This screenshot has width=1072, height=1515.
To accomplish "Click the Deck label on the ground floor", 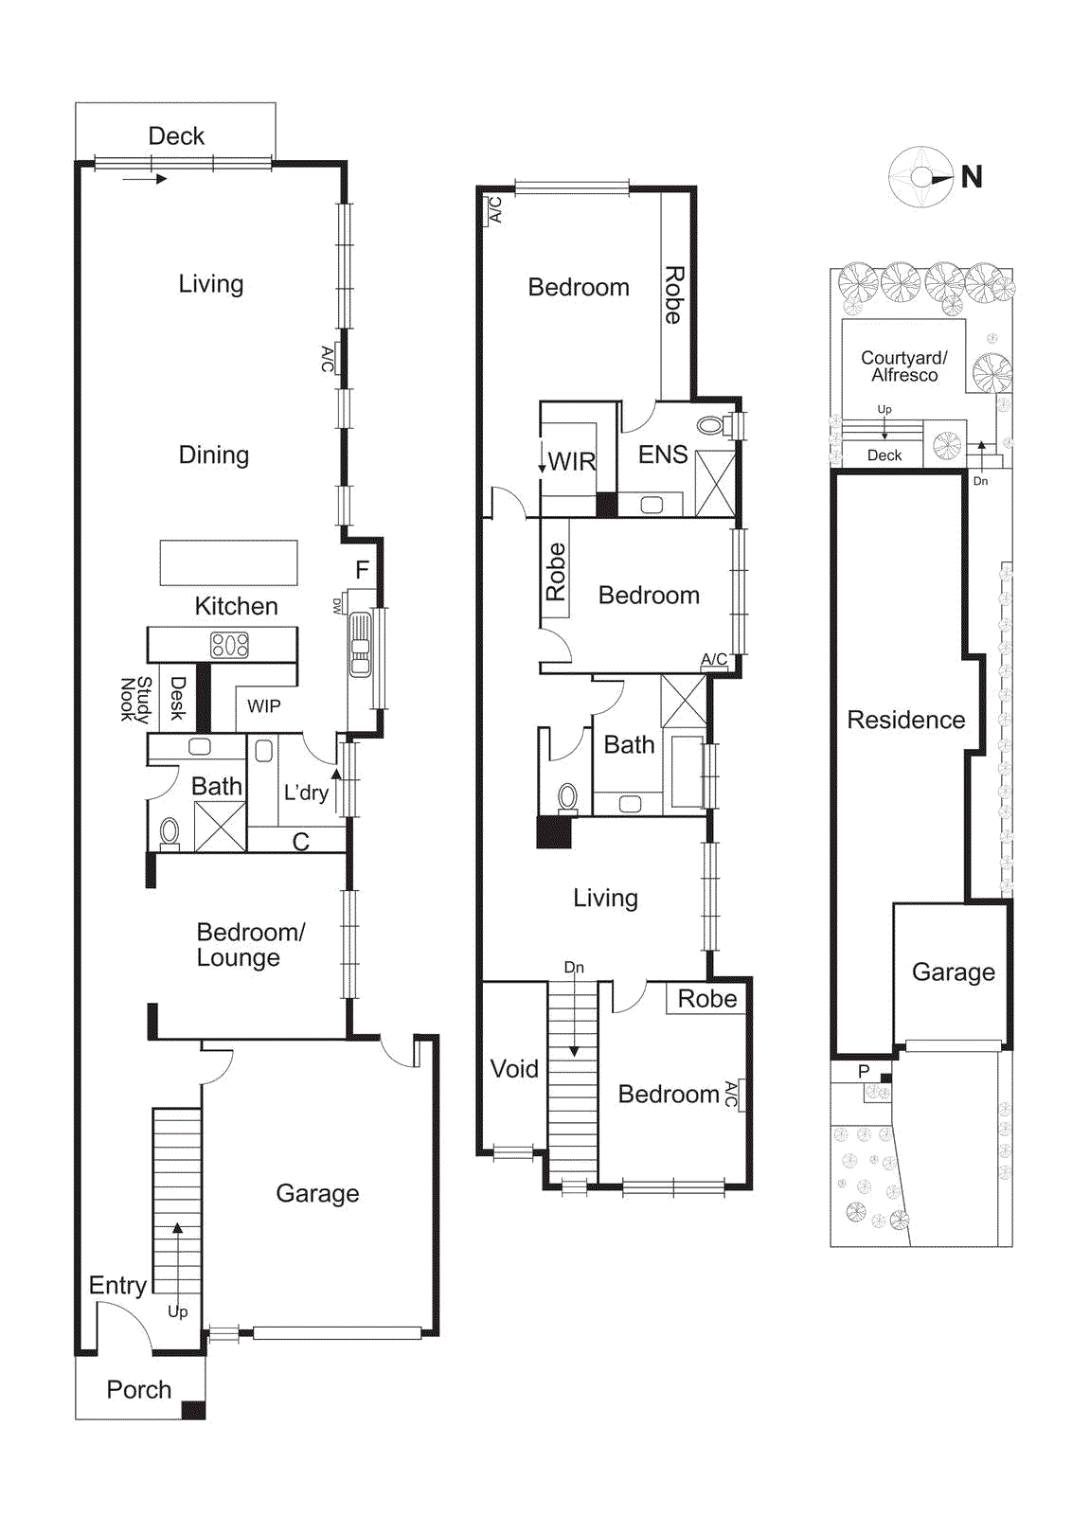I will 176,136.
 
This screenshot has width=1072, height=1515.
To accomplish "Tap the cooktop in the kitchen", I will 229,645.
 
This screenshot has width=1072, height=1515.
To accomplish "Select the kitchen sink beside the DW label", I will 360,645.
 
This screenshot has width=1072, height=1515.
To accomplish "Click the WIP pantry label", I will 263,706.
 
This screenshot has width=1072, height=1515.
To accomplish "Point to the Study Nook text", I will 135,699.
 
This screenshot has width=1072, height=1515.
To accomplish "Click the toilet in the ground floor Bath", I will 170,831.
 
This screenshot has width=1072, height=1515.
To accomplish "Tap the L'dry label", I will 306,793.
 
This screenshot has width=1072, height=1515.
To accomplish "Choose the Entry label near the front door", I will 117,1285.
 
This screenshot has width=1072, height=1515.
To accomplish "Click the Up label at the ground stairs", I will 177,1311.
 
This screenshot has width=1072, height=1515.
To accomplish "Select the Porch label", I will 138,1389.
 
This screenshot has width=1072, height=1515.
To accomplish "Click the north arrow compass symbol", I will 921,177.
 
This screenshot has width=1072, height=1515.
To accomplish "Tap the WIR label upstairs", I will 572,462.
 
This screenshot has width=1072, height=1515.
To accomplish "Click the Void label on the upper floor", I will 514,1069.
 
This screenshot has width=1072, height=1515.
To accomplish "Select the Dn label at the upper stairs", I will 574,968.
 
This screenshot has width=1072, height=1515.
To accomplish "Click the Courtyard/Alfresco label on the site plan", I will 903,366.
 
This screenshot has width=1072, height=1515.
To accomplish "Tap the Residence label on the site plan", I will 905,720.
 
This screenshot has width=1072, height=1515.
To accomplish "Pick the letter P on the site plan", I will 863,1071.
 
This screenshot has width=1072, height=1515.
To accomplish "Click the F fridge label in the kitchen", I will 362,570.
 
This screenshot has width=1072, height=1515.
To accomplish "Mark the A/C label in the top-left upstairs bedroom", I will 495,209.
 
